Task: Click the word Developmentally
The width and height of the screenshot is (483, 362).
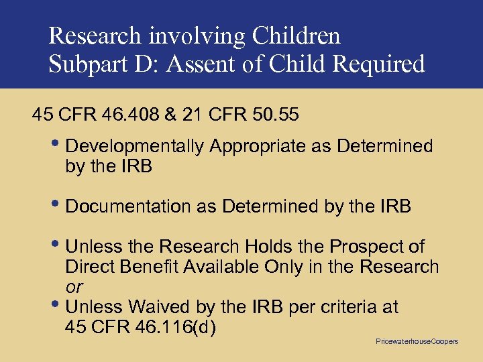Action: coord(136,146)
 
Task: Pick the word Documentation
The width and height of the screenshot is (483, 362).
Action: coord(129,208)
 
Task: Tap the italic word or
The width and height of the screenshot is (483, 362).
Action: coord(74,287)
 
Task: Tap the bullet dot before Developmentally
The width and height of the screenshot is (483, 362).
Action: coord(59,145)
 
